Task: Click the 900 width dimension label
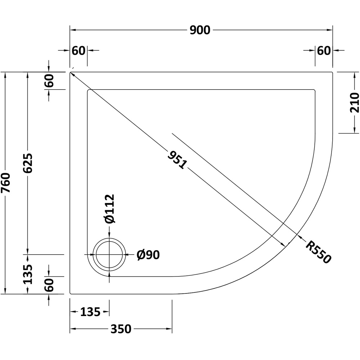pos(200,30)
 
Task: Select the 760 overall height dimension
pos(5,183)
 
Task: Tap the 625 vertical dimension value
pos(28,163)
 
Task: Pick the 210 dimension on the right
pos(354,102)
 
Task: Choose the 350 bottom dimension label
pos(121,329)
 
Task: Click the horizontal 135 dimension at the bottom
pos(90,312)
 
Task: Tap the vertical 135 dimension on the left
pos(28,274)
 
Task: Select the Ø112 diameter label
pos(109,208)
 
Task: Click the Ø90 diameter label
pos(148,255)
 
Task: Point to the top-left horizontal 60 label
pos(78,50)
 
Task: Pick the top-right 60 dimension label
pos(324,50)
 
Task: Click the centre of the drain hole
pos(109,255)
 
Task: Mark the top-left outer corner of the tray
pos(70,72)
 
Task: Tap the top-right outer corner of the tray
pos(332,72)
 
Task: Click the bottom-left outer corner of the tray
pos(70,294)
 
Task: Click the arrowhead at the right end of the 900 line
pos(330,30)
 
